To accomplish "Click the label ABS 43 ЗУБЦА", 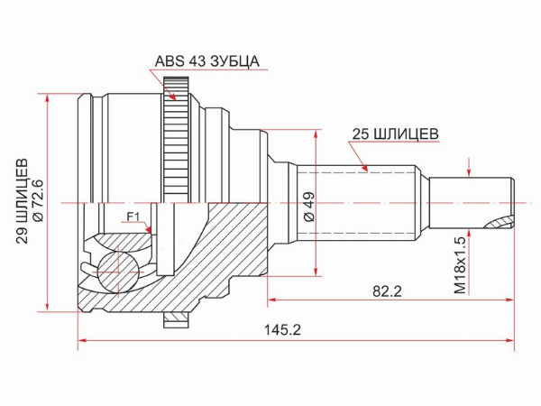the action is pos(206,61).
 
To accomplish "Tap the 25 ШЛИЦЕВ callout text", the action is pos(395,134).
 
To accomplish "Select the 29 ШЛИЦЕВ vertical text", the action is pos(23,201).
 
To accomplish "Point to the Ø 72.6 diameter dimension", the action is pos(37,200).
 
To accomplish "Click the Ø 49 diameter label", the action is pos(308,207).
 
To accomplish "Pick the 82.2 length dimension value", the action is pos(387,291).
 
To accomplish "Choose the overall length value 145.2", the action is pos(282,330).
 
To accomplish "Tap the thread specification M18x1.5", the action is pos(460,265).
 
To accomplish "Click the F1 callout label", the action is pos(133,217).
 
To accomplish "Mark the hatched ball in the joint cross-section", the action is pos(116,272).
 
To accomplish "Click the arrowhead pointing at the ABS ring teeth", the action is pos(172,96).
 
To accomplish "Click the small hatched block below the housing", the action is pos(177,320).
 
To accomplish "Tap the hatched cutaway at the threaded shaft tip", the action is pos(499,223).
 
